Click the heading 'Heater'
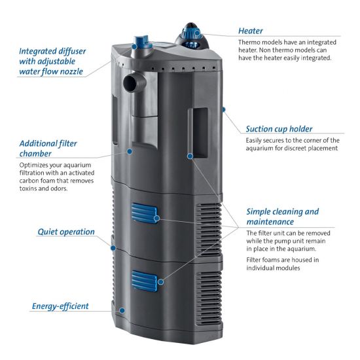pos(250,31)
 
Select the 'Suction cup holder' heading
pos(279,129)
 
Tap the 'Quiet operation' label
pos(66,232)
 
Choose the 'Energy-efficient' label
pos(60,306)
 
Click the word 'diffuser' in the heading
pos(72,51)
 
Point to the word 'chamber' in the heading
pos(35,154)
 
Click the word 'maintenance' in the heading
pos(270,222)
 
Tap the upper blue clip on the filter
pos(144,213)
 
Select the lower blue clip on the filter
pos(144,281)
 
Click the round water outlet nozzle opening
pos(130,83)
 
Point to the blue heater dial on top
pos(190,33)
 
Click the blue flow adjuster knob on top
pos(141,42)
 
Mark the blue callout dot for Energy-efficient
pos(122,310)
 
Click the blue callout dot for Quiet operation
pos(113,248)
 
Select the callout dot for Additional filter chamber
pos(130,151)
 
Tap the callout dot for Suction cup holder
pos(223,109)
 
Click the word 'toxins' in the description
pos(27,189)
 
